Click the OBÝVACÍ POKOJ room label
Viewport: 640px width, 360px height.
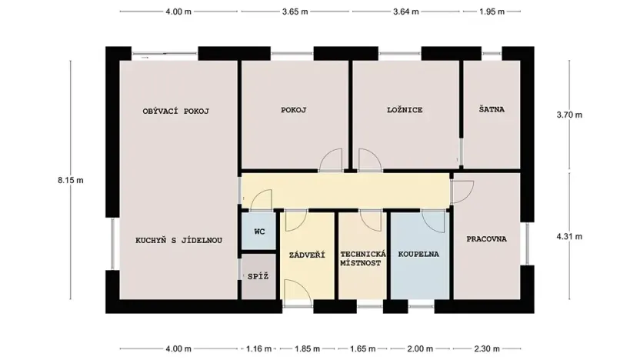coord(176,111)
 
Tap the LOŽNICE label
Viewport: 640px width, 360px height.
coord(404,110)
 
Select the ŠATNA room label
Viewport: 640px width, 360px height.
coord(491,109)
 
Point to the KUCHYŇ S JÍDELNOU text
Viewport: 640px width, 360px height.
coord(178,240)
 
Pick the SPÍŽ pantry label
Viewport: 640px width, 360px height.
coord(258,276)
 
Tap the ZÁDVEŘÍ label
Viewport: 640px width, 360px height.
coord(307,255)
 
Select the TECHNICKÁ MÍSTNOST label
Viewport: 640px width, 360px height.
coord(362,258)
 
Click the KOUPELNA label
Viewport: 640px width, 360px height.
coord(418,254)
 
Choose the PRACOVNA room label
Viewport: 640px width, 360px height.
coord(487,239)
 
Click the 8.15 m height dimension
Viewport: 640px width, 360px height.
coord(70,180)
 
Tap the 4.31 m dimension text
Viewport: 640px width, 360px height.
coord(569,236)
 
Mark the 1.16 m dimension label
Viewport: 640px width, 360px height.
coord(257,348)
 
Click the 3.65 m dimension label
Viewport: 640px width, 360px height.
coord(295,12)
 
